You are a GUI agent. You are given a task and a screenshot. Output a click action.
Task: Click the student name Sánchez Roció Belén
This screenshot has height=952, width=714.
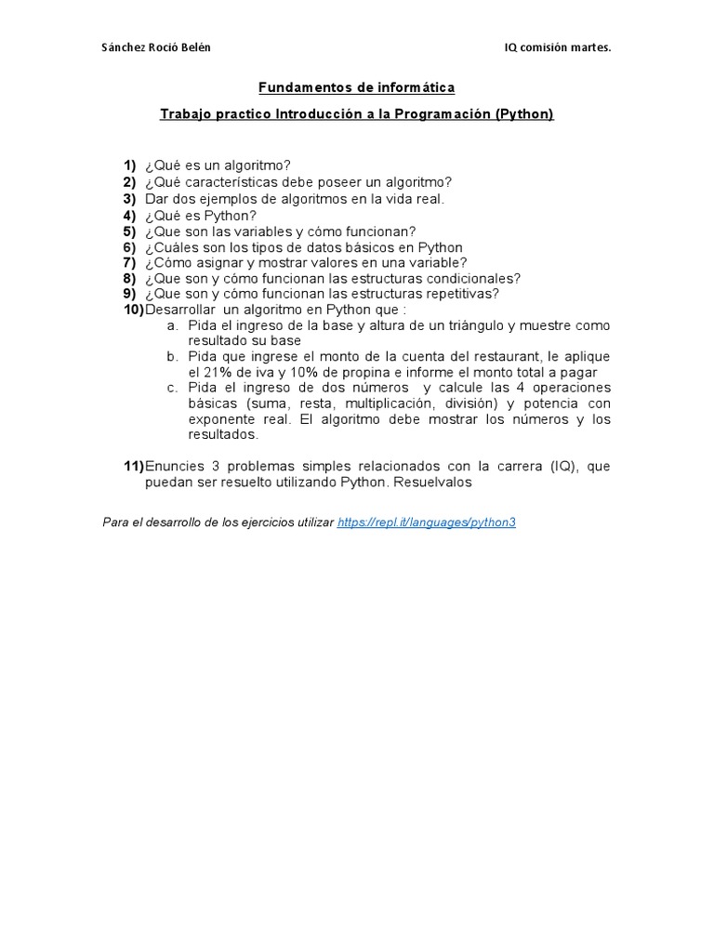click(x=155, y=47)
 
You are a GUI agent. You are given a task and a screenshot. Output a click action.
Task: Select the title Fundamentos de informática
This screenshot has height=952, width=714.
click(x=356, y=87)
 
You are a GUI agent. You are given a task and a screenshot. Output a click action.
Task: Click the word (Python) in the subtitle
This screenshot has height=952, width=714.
click(x=524, y=114)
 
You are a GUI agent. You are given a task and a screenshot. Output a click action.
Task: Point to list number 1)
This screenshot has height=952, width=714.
click(x=129, y=165)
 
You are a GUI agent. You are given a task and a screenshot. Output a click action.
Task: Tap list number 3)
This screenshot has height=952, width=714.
click(x=129, y=198)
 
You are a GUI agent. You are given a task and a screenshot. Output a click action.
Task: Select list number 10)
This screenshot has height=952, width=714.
click(x=134, y=310)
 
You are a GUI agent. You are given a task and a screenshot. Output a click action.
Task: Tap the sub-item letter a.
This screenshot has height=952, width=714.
click(x=172, y=325)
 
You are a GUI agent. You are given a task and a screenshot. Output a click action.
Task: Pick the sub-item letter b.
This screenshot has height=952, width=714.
click(x=172, y=357)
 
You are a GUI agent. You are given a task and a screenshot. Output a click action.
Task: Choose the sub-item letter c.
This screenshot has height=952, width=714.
click(x=172, y=388)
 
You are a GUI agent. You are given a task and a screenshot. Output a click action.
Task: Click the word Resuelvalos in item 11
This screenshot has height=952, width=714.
click(x=437, y=483)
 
